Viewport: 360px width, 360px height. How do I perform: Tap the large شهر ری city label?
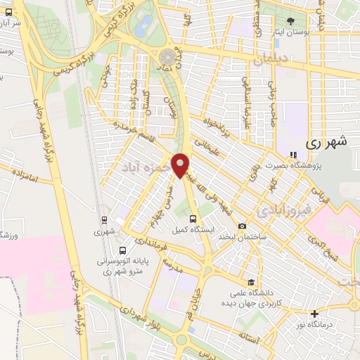327,141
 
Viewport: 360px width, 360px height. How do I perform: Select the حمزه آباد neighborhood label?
143,167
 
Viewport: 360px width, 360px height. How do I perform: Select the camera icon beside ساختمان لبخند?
242,226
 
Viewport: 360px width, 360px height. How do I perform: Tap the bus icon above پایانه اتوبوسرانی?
124,250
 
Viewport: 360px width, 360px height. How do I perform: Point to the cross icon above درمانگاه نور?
314,313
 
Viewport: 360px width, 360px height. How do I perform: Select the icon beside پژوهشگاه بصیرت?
292,155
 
